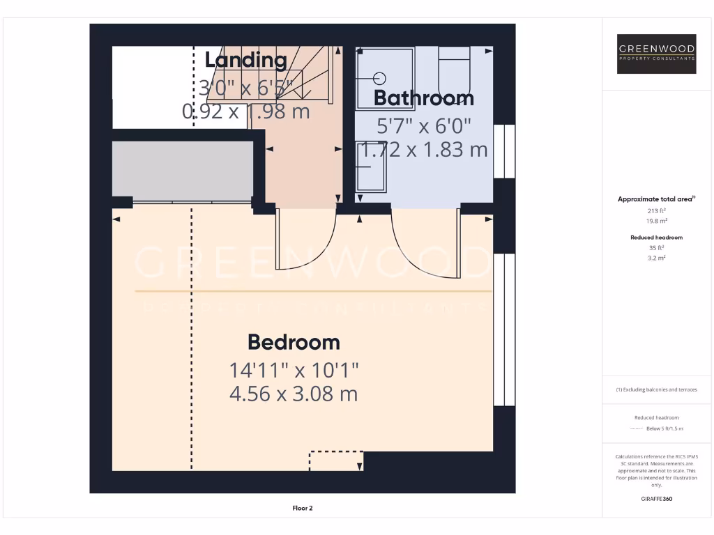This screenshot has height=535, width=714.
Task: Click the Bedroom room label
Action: coord(294,342)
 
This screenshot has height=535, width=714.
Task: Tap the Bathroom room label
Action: coord(423,98)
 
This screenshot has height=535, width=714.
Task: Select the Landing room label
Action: coord(245,60)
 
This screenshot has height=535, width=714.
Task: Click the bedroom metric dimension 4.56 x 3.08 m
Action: coord(294,394)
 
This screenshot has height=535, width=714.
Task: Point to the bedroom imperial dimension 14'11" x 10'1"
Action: coord(294,369)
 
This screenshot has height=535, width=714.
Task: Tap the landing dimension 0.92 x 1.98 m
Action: coord(245,111)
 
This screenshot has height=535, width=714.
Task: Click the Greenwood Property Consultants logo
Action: coord(657,54)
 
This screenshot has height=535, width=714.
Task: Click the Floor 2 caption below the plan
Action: coord(302,509)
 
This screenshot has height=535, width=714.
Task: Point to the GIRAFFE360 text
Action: coord(657,499)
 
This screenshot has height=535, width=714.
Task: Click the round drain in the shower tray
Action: coord(381,78)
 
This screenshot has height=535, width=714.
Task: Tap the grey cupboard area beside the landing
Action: coord(183,170)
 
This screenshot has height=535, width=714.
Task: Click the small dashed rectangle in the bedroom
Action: coord(336,460)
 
